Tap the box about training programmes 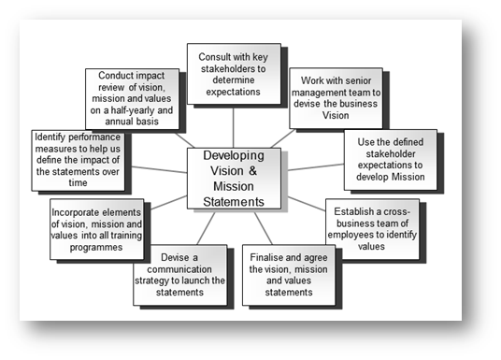[x=97, y=227]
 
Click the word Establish [x=354, y=210]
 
